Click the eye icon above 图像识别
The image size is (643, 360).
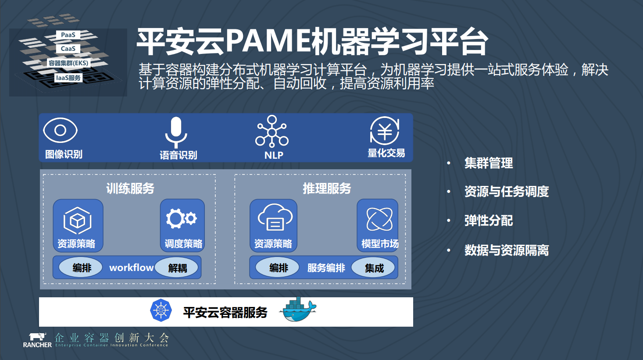click(x=61, y=130)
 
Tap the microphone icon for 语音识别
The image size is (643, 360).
click(x=176, y=131)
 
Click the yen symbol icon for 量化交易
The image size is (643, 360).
click(x=385, y=131)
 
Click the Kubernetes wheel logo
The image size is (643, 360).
click(x=161, y=310)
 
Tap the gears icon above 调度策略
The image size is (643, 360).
click(x=181, y=218)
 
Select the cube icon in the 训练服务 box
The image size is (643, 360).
click(x=78, y=220)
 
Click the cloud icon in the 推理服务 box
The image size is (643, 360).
click(x=275, y=217)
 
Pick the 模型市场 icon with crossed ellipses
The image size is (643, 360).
click(x=379, y=219)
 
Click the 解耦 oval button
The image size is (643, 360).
click(x=178, y=267)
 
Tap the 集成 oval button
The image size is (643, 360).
click(x=374, y=267)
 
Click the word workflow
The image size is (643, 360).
click(x=131, y=267)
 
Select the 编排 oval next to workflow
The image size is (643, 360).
click(x=82, y=267)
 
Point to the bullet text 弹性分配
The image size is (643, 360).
click(x=489, y=221)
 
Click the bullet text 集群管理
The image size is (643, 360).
click(x=489, y=164)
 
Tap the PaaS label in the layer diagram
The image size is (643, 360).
click(x=68, y=35)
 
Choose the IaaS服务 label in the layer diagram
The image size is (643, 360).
click(x=68, y=78)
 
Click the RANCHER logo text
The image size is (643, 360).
click(x=37, y=345)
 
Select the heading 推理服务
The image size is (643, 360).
click(x=327, y=189)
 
